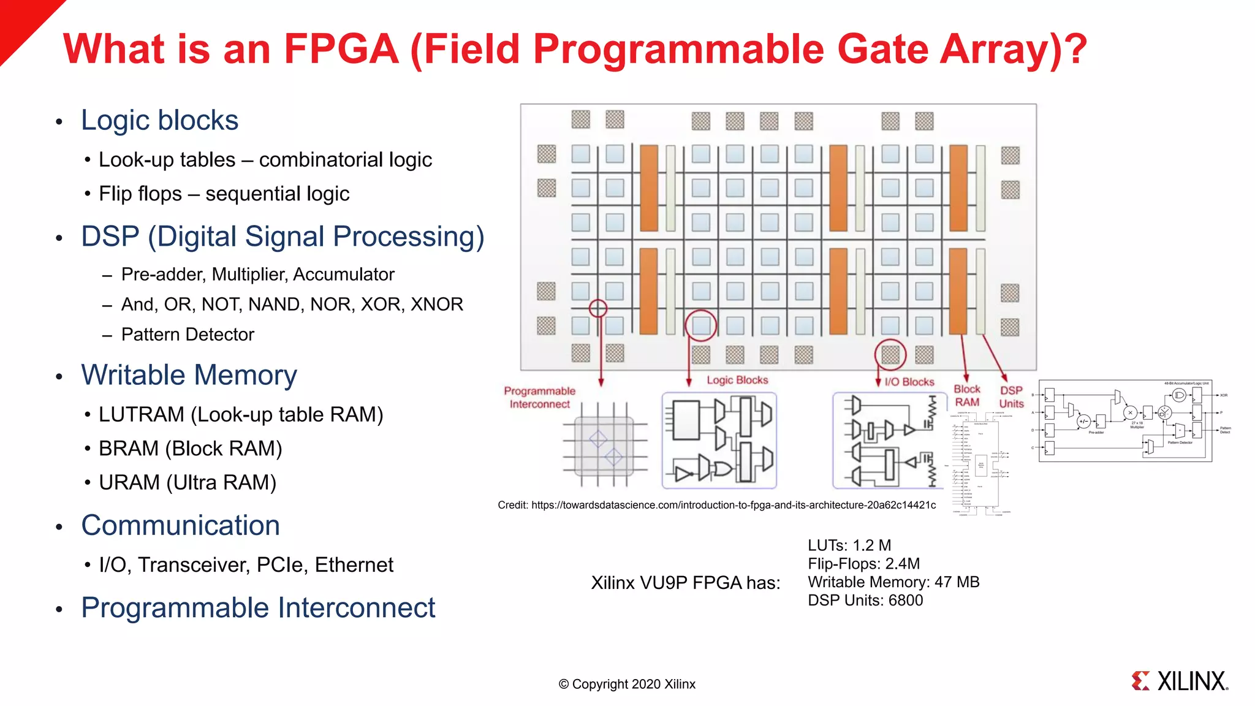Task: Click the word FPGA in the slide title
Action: (x=341, y=49)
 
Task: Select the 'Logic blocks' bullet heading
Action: (x=159, y=120)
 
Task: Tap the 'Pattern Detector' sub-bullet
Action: (x=188, y=335)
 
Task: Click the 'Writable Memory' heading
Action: (x=189, y=375)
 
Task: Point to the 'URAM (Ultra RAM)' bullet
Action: (x=188, y=483)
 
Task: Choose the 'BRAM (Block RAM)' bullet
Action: (x=190, y=449)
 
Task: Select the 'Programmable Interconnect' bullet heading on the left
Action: (x=258, y=608)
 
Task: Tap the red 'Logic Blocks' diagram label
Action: (x=737, y=380)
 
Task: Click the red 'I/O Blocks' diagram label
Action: (x=909, y=382)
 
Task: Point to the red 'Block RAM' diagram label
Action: (x=967, y=396)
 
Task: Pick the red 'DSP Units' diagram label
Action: (x=1011, y=397)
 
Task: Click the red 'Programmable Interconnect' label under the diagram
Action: (x=539, y=398)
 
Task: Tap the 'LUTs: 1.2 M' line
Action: (x=849, y=545)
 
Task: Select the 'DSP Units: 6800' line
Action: (x=865, y=601)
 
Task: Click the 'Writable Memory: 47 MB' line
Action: (x=893, y=582)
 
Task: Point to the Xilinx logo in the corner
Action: (x=1180, y=681)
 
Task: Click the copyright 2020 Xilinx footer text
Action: (x=627, y=685)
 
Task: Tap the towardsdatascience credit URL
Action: (x=733, y=506)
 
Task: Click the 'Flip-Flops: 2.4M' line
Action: (x=863, y=564)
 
